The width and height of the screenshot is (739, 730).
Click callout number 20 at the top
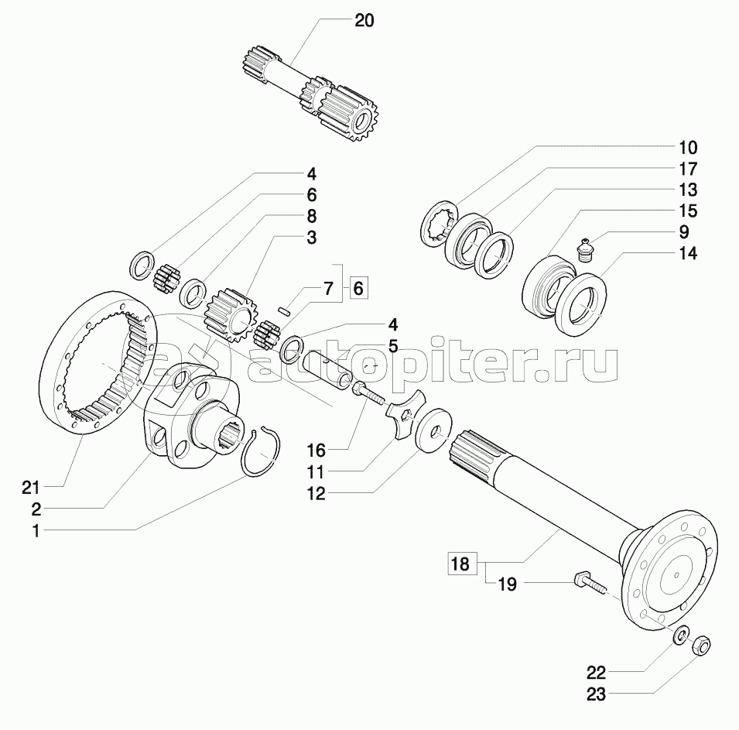point(364,21)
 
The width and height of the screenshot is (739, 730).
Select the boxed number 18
point(460,564)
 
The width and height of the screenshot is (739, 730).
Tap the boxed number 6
point(358,288)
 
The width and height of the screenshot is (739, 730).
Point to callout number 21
point(33,488)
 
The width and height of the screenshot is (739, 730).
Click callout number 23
point(596,694)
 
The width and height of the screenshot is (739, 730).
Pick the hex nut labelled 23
point(701,645)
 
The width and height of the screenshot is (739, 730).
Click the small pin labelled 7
point(284,311)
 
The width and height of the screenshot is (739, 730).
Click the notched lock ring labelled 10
point(439,223)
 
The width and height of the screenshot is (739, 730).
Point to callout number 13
point(688,190)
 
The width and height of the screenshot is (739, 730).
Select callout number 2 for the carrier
point(36,509)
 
